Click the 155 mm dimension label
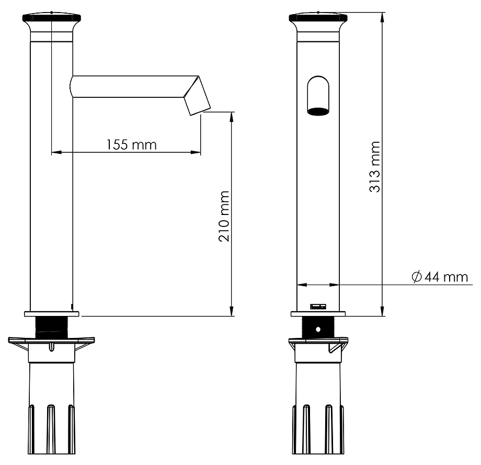click(131, 145)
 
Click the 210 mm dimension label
click(224, 217)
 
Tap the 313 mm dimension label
click(374, 167)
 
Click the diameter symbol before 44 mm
click(416, 277)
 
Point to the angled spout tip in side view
click(197, 96)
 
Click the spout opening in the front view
click(318, 111)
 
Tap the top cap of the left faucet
click(52, 17)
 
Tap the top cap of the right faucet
click(318, 17)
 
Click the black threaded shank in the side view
click(52, 327)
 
